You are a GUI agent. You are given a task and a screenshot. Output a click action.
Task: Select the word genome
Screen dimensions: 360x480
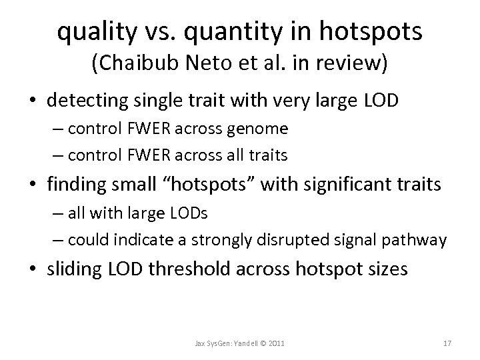260,129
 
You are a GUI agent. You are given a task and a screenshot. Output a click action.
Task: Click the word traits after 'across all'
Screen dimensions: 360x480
269,155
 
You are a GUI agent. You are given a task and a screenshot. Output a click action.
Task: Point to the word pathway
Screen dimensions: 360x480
420,239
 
